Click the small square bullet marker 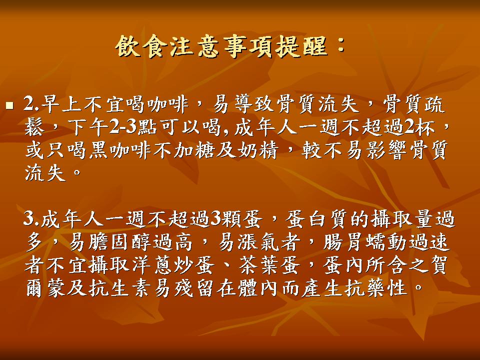(10, 106)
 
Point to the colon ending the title (340, 46)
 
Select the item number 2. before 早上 (32, 104)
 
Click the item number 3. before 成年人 (32, 219)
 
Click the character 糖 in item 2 (205, 150)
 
